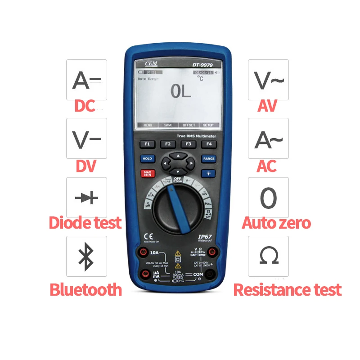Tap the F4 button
click(208, 144)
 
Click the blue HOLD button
click(147, 159)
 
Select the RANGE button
click(209, 159)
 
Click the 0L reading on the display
click(181, 91)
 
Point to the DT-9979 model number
click(202, 65)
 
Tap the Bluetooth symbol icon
click(86, 256)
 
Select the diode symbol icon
click(86, 198)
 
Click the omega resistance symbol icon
click(269, 256)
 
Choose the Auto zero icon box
click(269, 198)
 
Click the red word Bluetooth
click(85, 289)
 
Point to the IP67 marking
click(205, 236)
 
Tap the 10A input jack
click(144, 252)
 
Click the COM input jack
click(210, 274)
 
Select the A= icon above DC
click(86, 80)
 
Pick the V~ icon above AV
click(269, 80)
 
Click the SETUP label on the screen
click(208, 125)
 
